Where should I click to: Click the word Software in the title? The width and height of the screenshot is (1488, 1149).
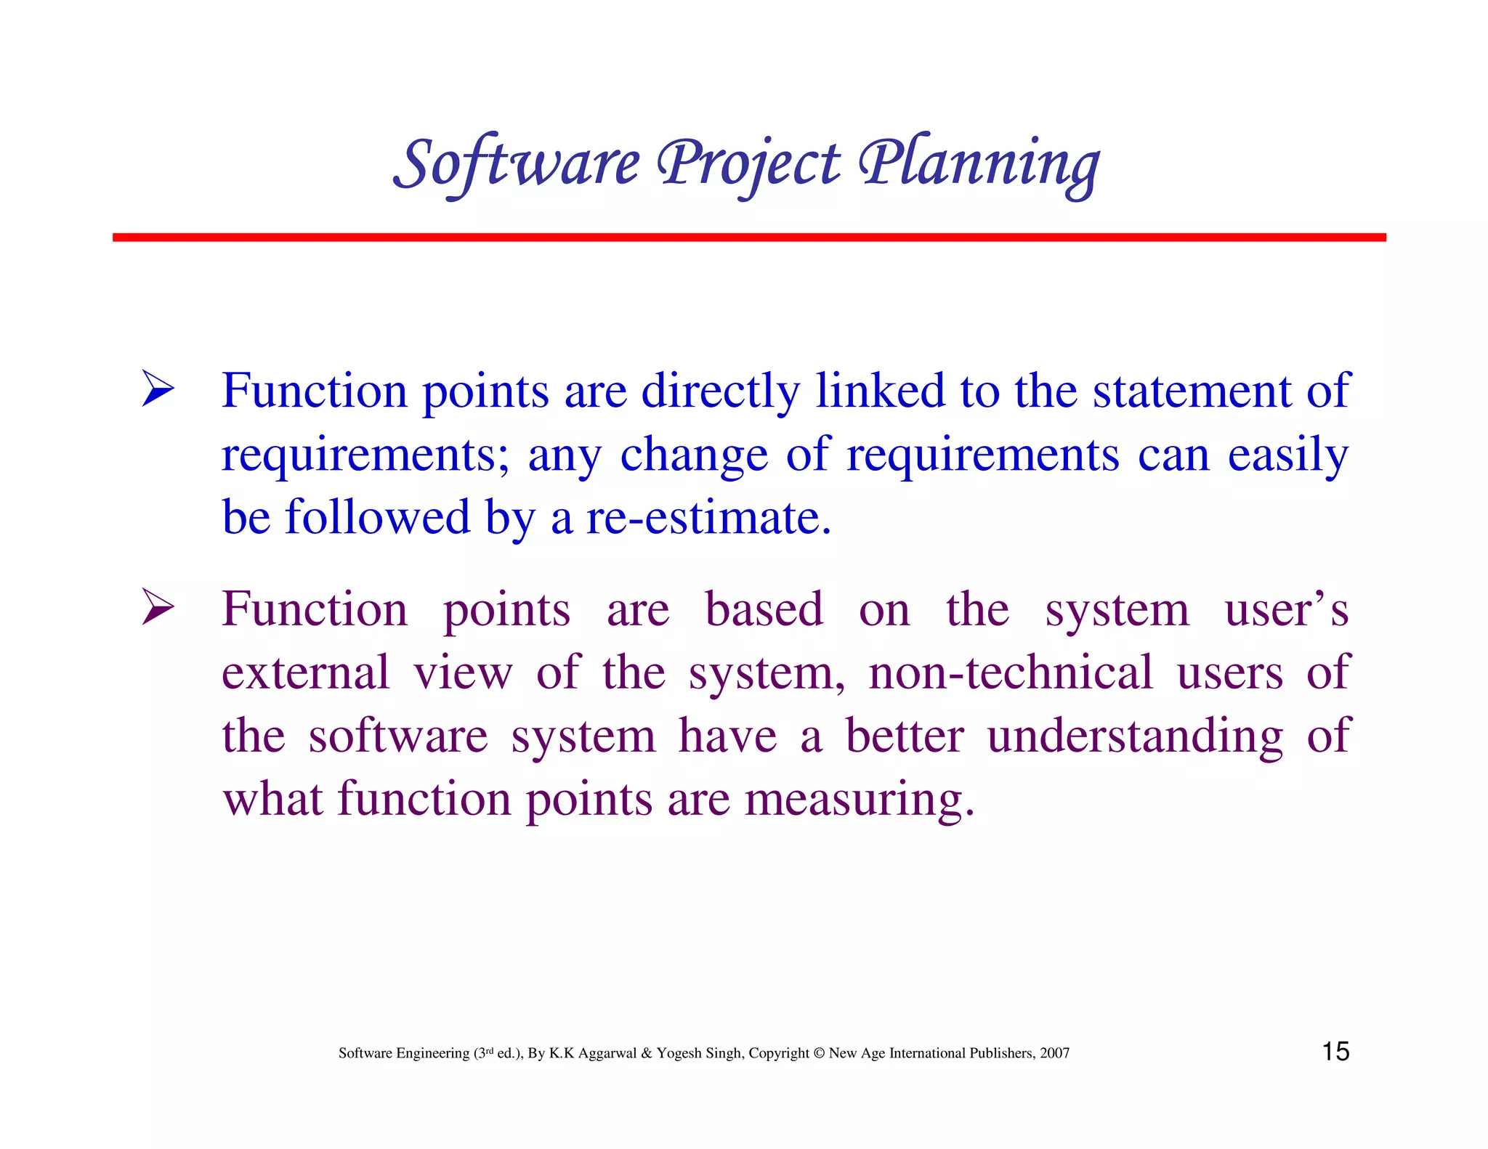[x=517, y=164]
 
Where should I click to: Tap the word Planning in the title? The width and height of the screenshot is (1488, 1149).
[x=979, y=164]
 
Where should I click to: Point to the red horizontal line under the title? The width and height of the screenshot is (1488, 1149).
[x=748, y=237]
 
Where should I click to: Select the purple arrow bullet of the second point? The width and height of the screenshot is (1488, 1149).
[x=158, y=607]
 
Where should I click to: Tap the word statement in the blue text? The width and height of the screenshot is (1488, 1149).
[x=1192, y=392]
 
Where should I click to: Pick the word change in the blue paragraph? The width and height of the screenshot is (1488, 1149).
[x=694, y=455]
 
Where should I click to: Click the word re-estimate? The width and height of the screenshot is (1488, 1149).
[x=708, y=519]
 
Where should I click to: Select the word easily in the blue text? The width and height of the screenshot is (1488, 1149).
[x=1287, y=455]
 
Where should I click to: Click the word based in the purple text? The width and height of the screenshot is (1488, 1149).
[x=764, y=610]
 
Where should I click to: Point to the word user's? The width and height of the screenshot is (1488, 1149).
[x=1286, y=610]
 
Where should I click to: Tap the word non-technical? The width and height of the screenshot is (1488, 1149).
[x=1011, y=673]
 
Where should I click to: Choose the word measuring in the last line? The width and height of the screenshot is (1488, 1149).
[x=859, y=800]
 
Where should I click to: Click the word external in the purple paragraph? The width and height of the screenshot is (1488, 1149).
[x=306, y=673]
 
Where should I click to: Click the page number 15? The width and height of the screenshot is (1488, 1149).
[x=1335, y=1052]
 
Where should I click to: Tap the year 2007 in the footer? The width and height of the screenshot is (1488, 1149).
[x=1054, y=1053]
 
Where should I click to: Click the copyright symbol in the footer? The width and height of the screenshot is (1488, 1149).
[x=819, y=1053]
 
